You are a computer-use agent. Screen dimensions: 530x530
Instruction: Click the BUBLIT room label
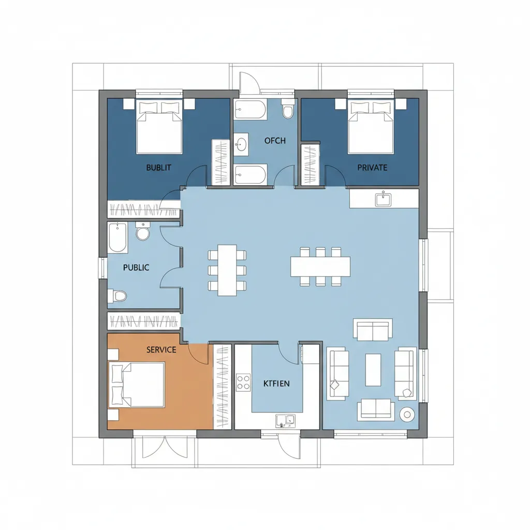tap(158, 168)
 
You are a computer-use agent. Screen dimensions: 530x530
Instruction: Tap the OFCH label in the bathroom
tap(275, 141)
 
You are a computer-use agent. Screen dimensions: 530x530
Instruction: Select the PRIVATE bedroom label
tap(372, 168)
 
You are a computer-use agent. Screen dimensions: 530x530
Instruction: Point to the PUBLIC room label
tap(136, 268)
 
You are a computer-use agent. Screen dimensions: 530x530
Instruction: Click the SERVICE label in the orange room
tap(161, 350)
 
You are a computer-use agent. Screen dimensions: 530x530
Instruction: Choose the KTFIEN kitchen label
tap(276, 384)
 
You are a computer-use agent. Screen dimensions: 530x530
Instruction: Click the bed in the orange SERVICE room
tap(136, 385)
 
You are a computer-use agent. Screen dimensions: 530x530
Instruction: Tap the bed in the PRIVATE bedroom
tap(371, 126)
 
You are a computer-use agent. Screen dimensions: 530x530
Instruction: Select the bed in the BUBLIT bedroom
tap(159, 126)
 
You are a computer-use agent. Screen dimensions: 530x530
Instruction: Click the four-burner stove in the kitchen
tap(243, 382)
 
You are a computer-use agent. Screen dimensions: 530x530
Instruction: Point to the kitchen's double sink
tap(285, 420)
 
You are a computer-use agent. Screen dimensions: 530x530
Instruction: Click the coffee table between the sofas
tap(373, 370)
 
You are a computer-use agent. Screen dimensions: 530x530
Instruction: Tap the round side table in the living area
tap(407, 415)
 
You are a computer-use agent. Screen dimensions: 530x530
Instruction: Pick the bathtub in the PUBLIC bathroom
tap(118, 238)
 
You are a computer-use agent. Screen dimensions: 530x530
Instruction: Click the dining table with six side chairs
tap(227, 270)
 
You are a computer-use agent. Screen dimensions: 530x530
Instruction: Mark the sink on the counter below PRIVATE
tap(383, 199)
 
